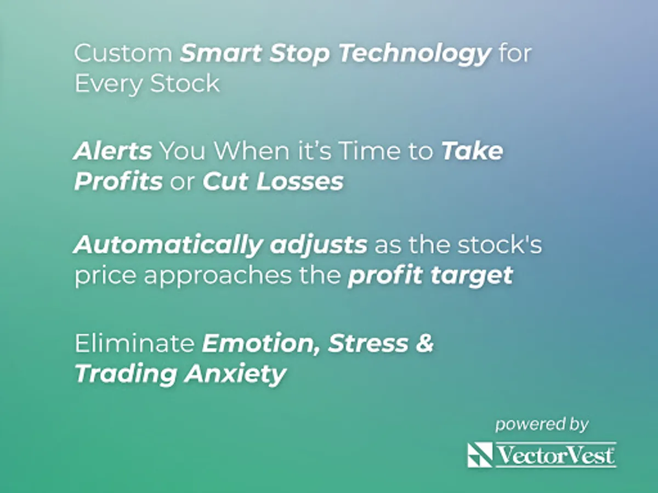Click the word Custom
coord(123,53)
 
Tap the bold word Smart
coord(221,53)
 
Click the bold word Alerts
coord(113,151)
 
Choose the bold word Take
coord(472,151)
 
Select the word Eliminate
coord(134,343)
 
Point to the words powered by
coord(542,425)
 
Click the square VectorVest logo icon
coord(480,455)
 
